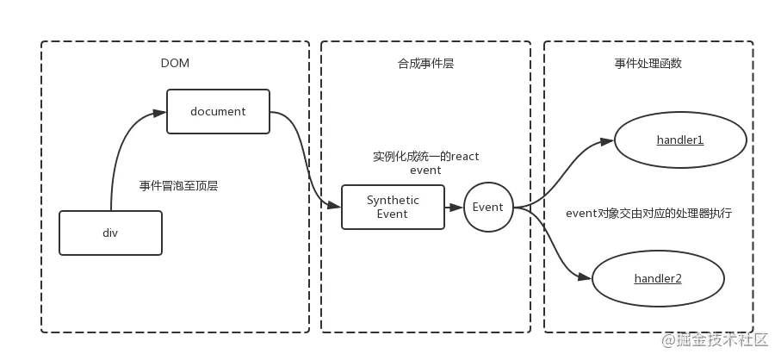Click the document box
218,111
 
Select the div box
110,233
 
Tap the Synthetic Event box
393,207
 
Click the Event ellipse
487,207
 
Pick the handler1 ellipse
679,140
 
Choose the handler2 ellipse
657,278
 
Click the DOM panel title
175,64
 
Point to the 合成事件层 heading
425,64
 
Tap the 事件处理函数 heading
648,64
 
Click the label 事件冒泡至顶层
178,185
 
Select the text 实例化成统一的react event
425,163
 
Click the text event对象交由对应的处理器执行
648,213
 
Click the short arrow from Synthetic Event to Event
454,208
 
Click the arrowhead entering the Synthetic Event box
334,206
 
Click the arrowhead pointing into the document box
159,113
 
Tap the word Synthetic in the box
393,200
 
